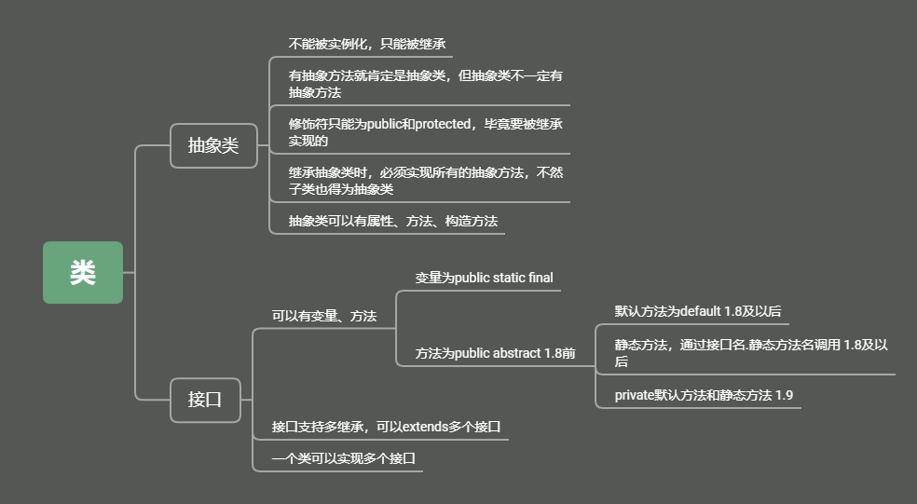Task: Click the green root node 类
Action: click(x=82, y=272)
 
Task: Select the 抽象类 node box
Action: click(x=213, y=145)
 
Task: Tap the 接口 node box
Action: click(x=205, y=400)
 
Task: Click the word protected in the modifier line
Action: click(x=443, y=124)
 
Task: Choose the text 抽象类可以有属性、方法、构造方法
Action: click(x=392, y=221)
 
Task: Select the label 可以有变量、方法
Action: click(x=323, y=317)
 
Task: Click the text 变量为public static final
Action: click(x=484, y=278)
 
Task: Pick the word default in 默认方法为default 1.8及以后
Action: click(x=702, y=311)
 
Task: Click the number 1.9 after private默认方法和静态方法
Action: click(x=784, y=395)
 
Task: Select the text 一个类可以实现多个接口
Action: click(x=343, y=458)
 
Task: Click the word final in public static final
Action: click(x=541, y=278)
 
